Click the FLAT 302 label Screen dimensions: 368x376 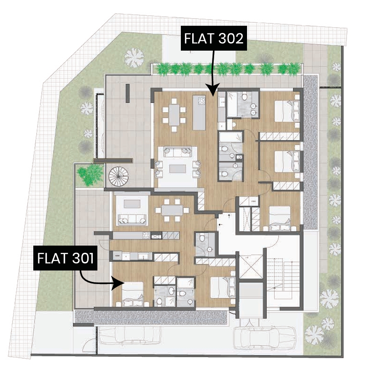[214, 38]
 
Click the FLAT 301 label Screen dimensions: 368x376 [65, 258]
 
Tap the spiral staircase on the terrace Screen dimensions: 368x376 [118, 176]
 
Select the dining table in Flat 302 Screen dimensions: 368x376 [174, 115]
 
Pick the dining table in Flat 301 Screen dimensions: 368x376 [172, 210]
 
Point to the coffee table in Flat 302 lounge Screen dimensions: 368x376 [177, 168]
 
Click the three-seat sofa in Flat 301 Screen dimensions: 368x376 [132, 219]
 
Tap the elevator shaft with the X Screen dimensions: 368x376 [251, 267]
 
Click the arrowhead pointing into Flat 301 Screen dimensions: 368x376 [118, 283]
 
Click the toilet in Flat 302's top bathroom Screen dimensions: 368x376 [244, 97]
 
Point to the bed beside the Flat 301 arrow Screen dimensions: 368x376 [132, 294]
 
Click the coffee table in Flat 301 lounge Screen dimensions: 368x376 [132, 204]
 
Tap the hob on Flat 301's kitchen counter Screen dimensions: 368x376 [146, 235]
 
